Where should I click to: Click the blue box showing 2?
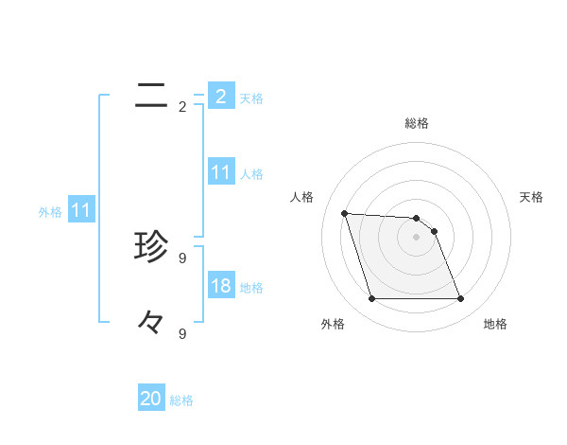220,97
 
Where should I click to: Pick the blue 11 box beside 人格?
220,172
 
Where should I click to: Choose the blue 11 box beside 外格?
80,211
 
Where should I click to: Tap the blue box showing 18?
220,286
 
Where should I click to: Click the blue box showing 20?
151,399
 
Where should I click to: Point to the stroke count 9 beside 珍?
182,258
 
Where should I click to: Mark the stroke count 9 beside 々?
182,333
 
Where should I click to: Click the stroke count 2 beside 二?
182,107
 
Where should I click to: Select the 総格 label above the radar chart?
417,123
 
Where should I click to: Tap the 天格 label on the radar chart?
532,197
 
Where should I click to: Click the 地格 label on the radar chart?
495,324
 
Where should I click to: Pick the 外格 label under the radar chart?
333,324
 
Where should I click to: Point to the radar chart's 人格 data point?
344,213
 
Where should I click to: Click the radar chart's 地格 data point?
460,299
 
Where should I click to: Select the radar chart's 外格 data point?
371,299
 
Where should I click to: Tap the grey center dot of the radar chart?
416,238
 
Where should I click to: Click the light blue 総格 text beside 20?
181,400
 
